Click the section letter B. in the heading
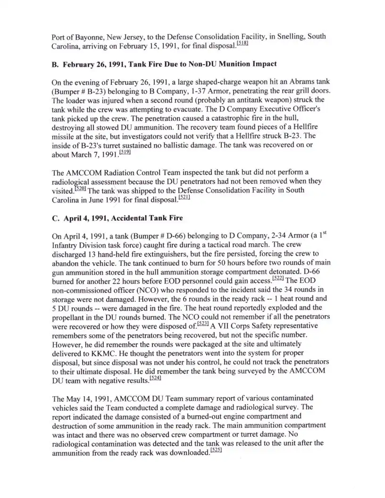(55, 64)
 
